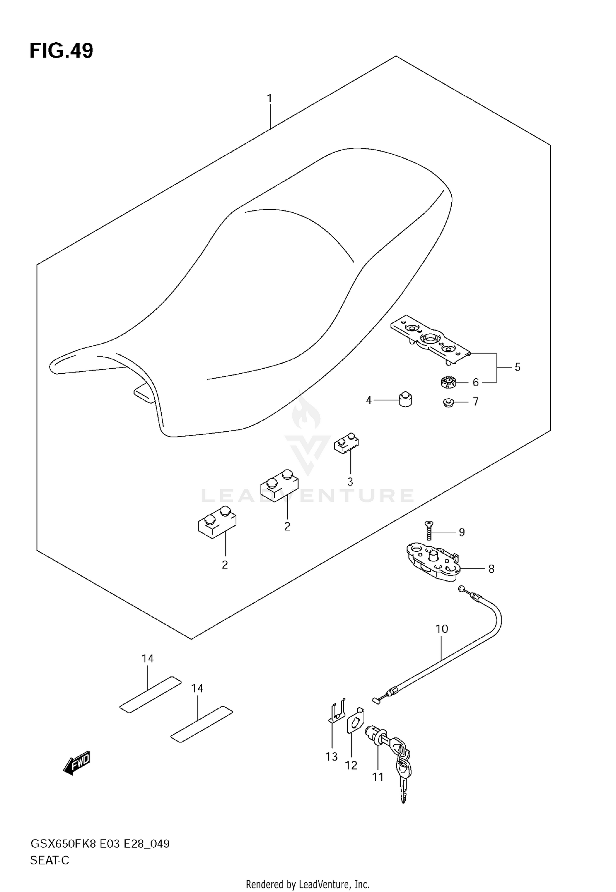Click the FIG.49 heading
tap(62, 51)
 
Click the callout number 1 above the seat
tap(269, 99)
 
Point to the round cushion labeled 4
tap(405, 399)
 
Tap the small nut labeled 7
tap(448, 402)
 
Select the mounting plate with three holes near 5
tap(429, 340)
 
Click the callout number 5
tap(517, 367)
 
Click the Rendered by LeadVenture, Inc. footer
tap(308, 884)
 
